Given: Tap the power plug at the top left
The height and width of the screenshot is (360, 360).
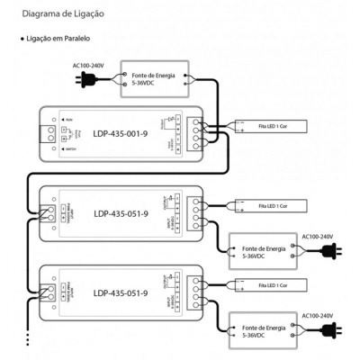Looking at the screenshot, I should click(88, 81).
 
